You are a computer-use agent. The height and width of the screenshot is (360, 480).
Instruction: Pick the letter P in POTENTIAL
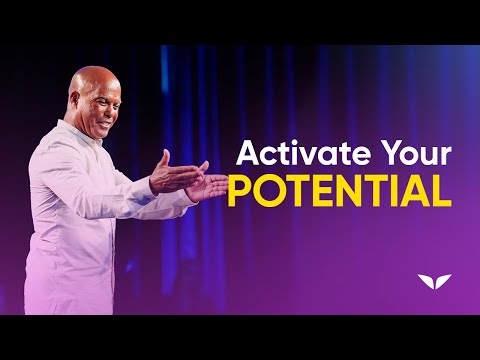click(241, 191)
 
